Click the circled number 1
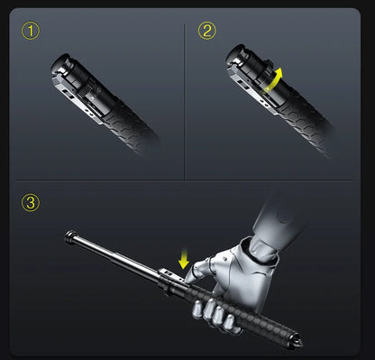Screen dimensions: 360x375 [32, 32]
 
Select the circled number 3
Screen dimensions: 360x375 [32, 202]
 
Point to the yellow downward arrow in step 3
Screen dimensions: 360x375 [184, 261]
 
